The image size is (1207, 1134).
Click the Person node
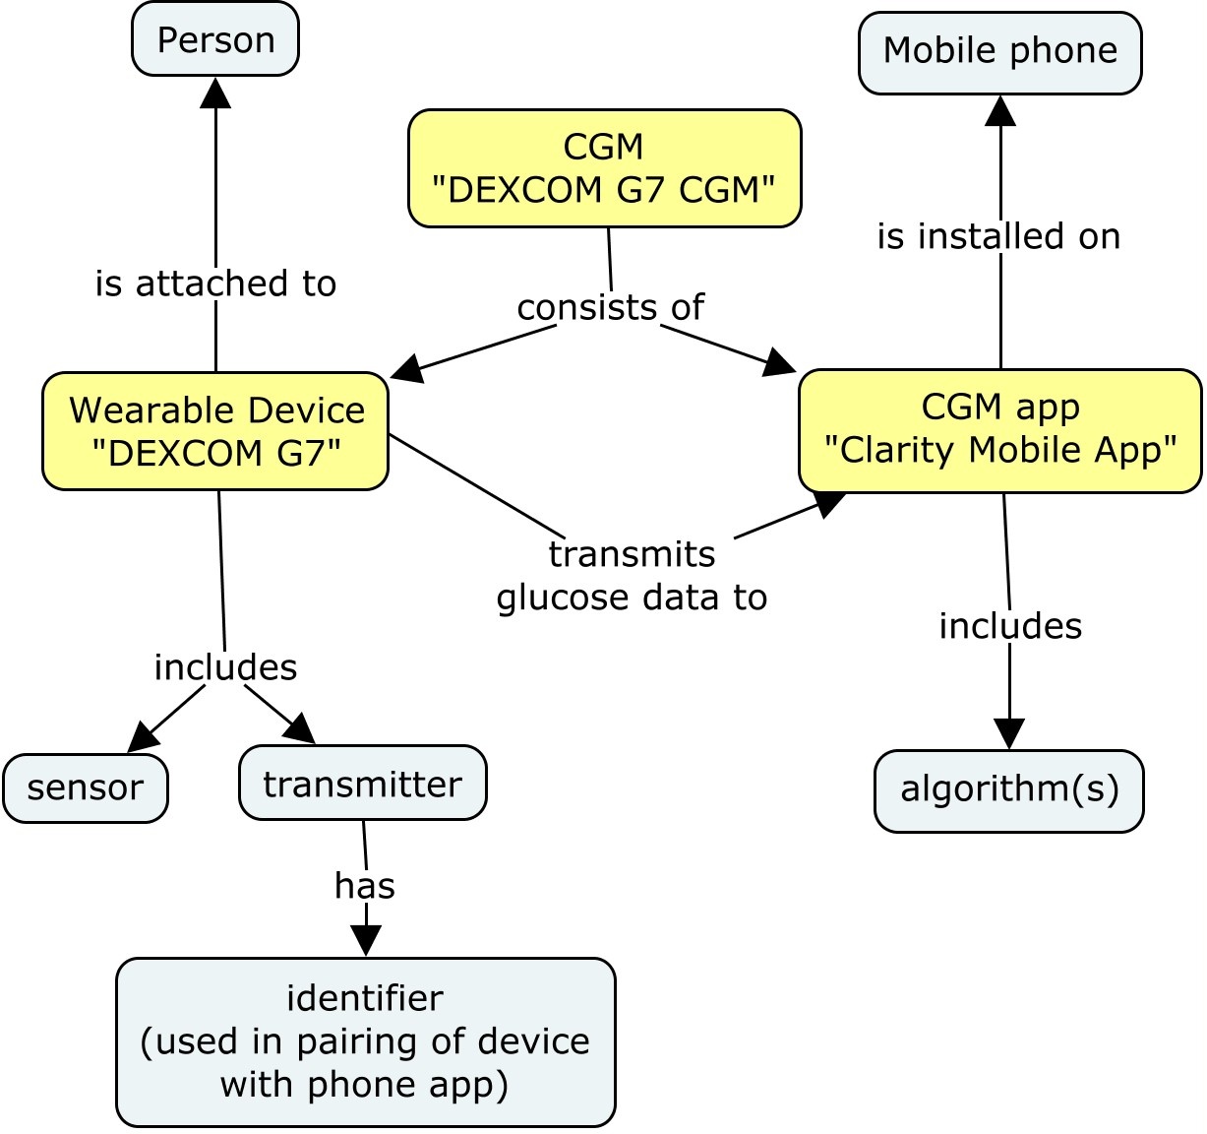(x=215, y=39)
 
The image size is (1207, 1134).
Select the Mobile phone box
(x=999, y=52)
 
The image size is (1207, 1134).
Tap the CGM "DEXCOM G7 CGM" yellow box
(x=604, y=168)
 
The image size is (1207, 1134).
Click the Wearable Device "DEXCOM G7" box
(x=215, y=431)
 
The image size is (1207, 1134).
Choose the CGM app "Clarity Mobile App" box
(x=999, y=429)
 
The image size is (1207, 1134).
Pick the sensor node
(x=86, y=787)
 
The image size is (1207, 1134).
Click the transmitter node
(x=362, y=784)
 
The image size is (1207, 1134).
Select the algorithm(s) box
(x=1009, y=789)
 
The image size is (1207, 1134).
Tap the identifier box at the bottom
(x=365, y=1041)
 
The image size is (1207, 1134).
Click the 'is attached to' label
(x=215, y=283)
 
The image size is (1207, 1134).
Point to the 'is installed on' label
(x=998, y=236)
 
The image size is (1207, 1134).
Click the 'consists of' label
(x=610, y=307)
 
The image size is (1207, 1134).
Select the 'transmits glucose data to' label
(x=632, y=575)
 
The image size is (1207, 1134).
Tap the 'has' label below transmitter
(x=365, y=886)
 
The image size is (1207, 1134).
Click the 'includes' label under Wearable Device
(x=225, y=667)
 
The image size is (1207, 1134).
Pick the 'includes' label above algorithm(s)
(x=1010, y=626)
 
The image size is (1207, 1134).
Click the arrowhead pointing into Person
(x=215, y=93)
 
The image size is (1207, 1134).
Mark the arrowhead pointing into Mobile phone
(x=1000, y=110)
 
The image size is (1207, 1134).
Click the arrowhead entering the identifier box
(x=366, y=942)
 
